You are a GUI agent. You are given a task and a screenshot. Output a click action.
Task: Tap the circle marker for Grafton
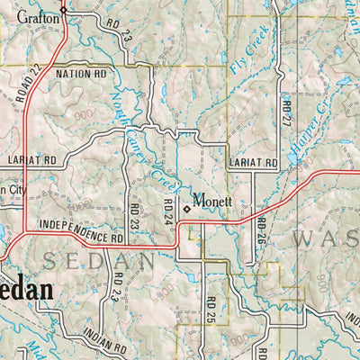point(64,10)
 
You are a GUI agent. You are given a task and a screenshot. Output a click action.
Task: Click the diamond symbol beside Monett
point(187,208)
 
